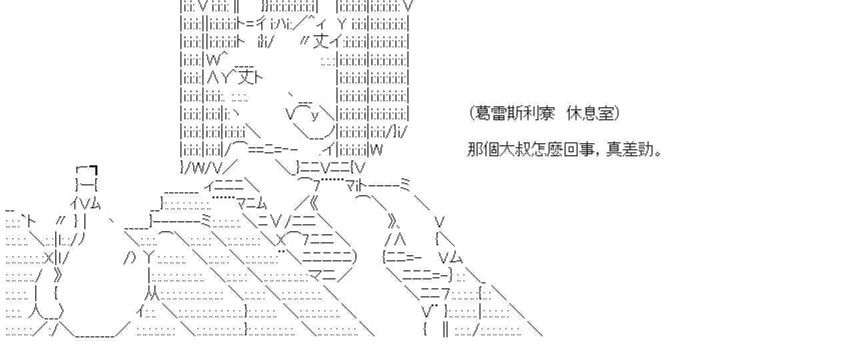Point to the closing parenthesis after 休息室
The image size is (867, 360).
coord(617,114)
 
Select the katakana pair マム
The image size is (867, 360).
coord(251,202)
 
